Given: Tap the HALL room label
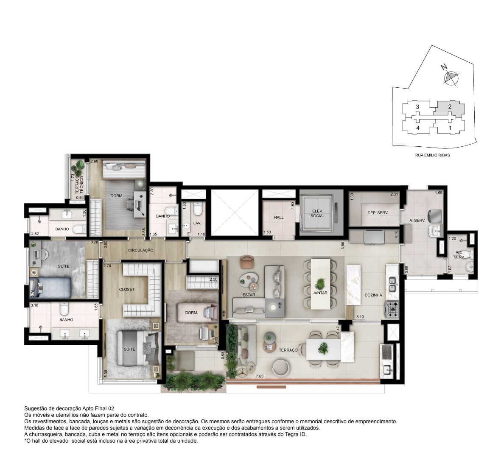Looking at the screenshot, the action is [x=279, y=218].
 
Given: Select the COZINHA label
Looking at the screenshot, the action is [x=373, y=295].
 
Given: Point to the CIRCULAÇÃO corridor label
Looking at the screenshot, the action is [x=140, y=250].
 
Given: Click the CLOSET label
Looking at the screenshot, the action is [x=127, y=289].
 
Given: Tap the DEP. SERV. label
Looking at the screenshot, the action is [x=378, y=213].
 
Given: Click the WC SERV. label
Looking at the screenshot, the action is [x=459, y=254].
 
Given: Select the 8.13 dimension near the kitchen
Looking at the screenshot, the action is [x=360, y=317].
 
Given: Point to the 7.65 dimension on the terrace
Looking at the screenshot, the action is [x=260, y=376].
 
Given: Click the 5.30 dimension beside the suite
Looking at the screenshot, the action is [x=106, y=373].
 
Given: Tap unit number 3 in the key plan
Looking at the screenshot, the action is [x=417, y=107].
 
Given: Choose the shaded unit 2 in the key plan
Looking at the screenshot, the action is [x=448, y=109].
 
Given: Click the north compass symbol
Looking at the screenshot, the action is [x=451, y=77].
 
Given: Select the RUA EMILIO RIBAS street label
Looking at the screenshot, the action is [x=432, y=155].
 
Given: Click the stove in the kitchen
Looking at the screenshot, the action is [x=392, y=309].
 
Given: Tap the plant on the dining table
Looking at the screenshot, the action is [x=320, y=283].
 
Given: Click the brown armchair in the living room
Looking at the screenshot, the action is [x=246, y=261].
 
